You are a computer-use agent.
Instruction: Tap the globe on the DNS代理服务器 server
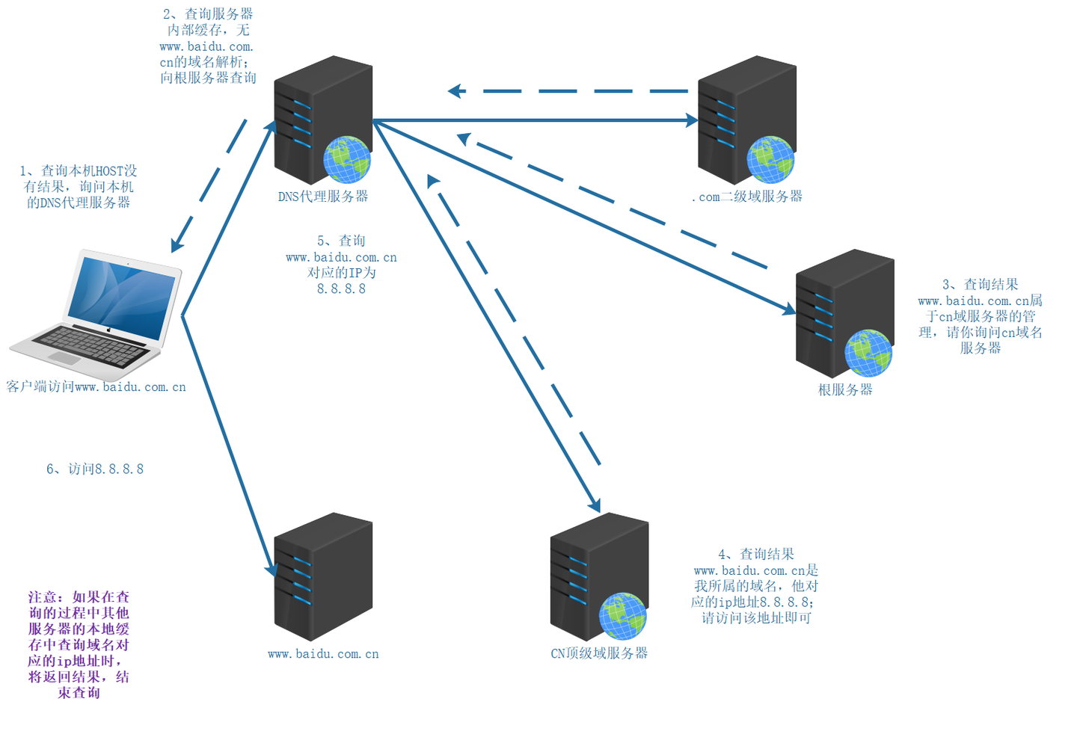[347, 159]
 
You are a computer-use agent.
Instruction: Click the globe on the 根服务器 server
[868, 353]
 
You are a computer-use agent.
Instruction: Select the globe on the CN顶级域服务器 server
[622, 617]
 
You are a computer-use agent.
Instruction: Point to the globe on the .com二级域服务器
[770, 159]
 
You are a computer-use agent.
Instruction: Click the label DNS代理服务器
[323, 197]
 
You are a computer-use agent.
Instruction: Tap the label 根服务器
[845, 389]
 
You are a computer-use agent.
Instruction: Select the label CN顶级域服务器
[599, 653]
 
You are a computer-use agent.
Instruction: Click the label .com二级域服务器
[747, 197]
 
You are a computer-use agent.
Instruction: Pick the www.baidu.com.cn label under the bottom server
[323, 654]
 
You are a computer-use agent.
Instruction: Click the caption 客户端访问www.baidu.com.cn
[96, 386]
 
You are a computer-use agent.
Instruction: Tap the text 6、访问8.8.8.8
[95, 469]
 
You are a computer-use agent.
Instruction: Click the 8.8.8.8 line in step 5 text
[341, 289]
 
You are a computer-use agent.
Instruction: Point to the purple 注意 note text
[79, 645]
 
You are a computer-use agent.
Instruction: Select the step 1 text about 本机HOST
[79, 186]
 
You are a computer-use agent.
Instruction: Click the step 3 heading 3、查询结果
[981, 285]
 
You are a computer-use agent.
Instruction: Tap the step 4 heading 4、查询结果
[756, 555]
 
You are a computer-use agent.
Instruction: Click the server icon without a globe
[323, 576]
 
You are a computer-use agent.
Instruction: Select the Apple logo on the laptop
[109, 330]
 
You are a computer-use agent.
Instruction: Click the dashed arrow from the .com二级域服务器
[568, 90]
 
